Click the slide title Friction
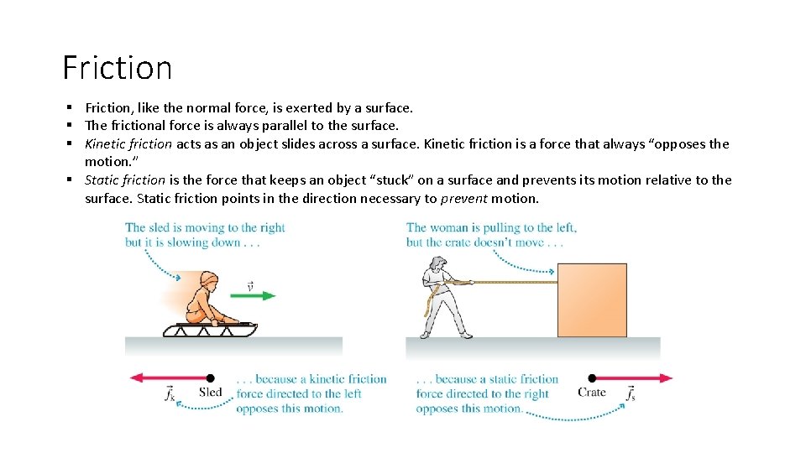click(118, 67)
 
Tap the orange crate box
click(592, 299)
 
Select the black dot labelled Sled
click(210, 378)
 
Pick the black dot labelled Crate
click(592, 378)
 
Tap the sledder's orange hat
click(210, 279)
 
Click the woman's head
click(437, 265)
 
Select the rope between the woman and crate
click(512, 282)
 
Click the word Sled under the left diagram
click(211, 393)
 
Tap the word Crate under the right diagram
click(591, 393)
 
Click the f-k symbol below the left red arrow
click(170, 393)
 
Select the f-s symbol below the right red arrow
click(630, 393)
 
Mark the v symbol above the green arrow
click(250, 286)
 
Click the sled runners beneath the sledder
click(210, 330)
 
